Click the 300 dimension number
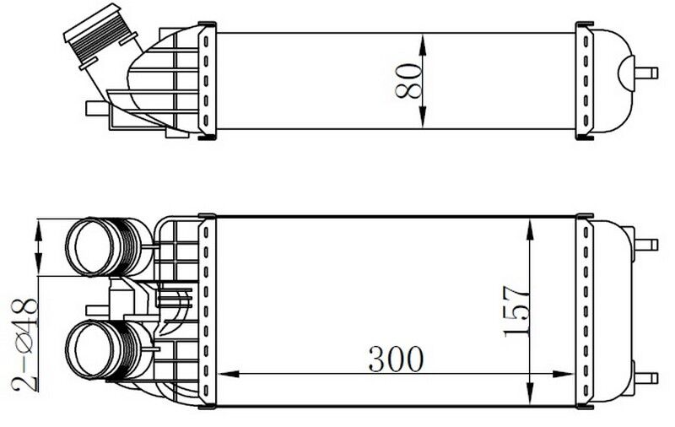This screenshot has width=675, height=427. click(x=396, y=359)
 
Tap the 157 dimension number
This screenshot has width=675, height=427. click(x=516, y=311)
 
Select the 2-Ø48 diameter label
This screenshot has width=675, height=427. click(x=24, y=343)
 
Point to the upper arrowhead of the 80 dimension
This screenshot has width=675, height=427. click(x=423, y=45)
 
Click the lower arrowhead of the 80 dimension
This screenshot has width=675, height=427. click(x=423, y=117)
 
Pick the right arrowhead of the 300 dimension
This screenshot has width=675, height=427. click(x=563, y=374)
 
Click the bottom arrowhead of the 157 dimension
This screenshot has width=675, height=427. click(x=530, y=394)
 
